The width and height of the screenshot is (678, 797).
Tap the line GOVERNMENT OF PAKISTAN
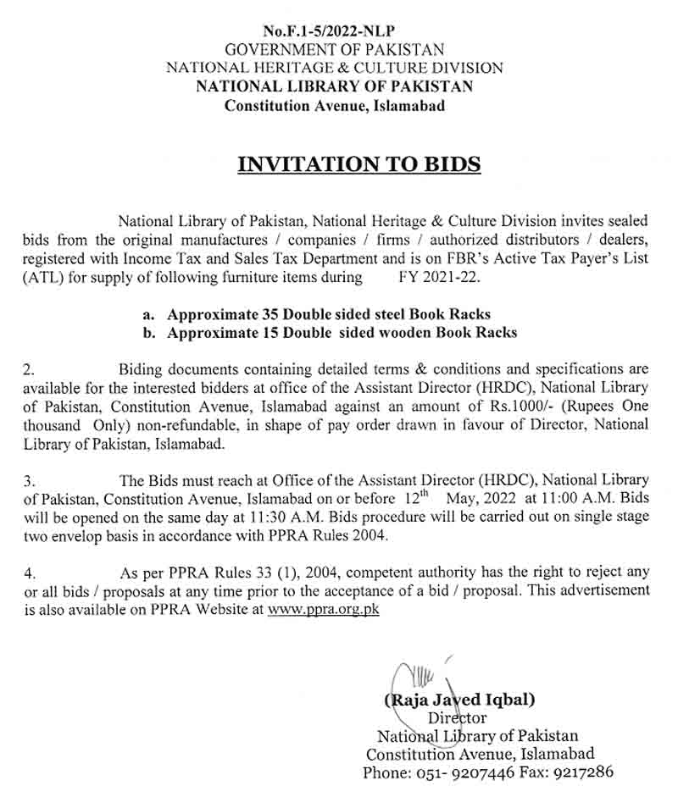(335, 50)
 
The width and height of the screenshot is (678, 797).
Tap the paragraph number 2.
(29, 369)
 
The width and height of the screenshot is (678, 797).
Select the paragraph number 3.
(29, 480)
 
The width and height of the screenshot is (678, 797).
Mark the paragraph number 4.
(29, 572)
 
